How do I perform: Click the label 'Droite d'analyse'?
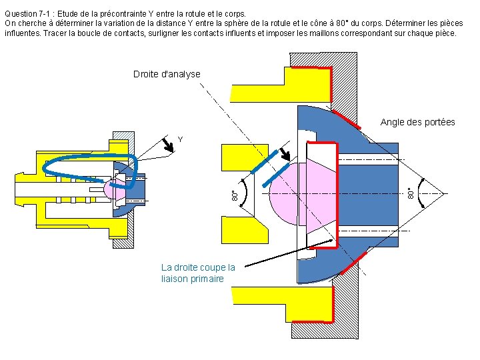pos(167,74)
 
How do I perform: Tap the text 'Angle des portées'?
pos(417,122)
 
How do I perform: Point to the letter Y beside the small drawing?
pos(180,139)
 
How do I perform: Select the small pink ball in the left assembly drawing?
pos(111,189)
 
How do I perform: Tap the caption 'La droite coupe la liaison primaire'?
pos(198,273)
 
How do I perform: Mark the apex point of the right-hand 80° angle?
pos(445,193)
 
